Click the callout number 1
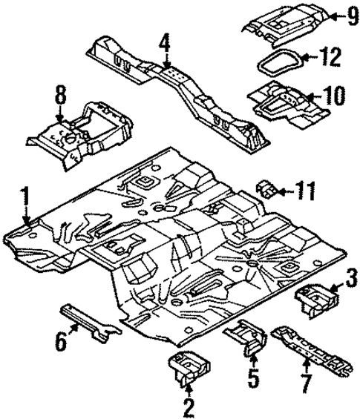point(24,199)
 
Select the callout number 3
point(351,280)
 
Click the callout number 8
point(60,96)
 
